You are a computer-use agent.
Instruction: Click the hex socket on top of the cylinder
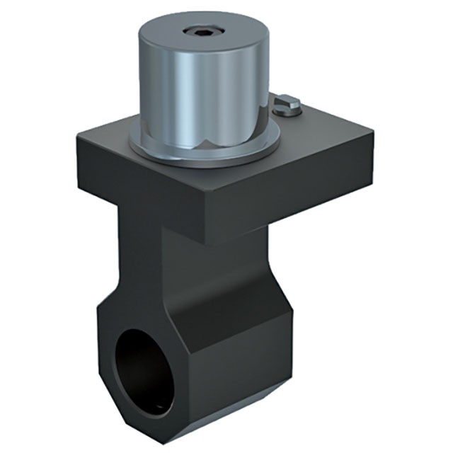tap(193, 31)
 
